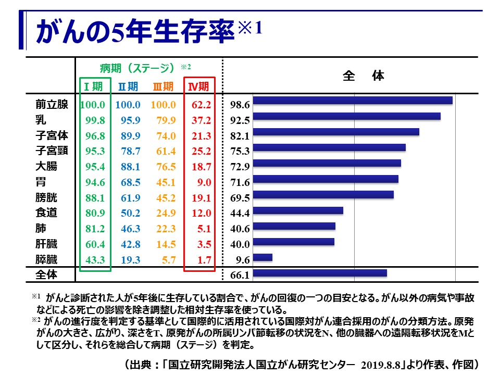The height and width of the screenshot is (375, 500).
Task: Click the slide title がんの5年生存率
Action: pyautogui.click(x=133, y=32)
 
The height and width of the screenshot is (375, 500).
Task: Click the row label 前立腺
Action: pyautogui.click(x=52, y=105)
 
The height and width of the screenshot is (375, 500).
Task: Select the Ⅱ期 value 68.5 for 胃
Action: pyautogui.click(x=128, y=182)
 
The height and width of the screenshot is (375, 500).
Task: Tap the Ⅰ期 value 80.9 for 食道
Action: pyautogui.click(x=94, y=213)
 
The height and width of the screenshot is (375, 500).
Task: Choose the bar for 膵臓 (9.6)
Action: pyautogui.click(x=262, y=257)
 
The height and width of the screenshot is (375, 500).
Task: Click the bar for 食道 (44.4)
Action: pyautogui.click(x=298, y=210)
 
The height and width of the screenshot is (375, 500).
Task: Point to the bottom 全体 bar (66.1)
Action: pyautogui.click(x=320, y=273)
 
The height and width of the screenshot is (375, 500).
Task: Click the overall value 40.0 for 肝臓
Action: pyautogui.click(x=240, y=244)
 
